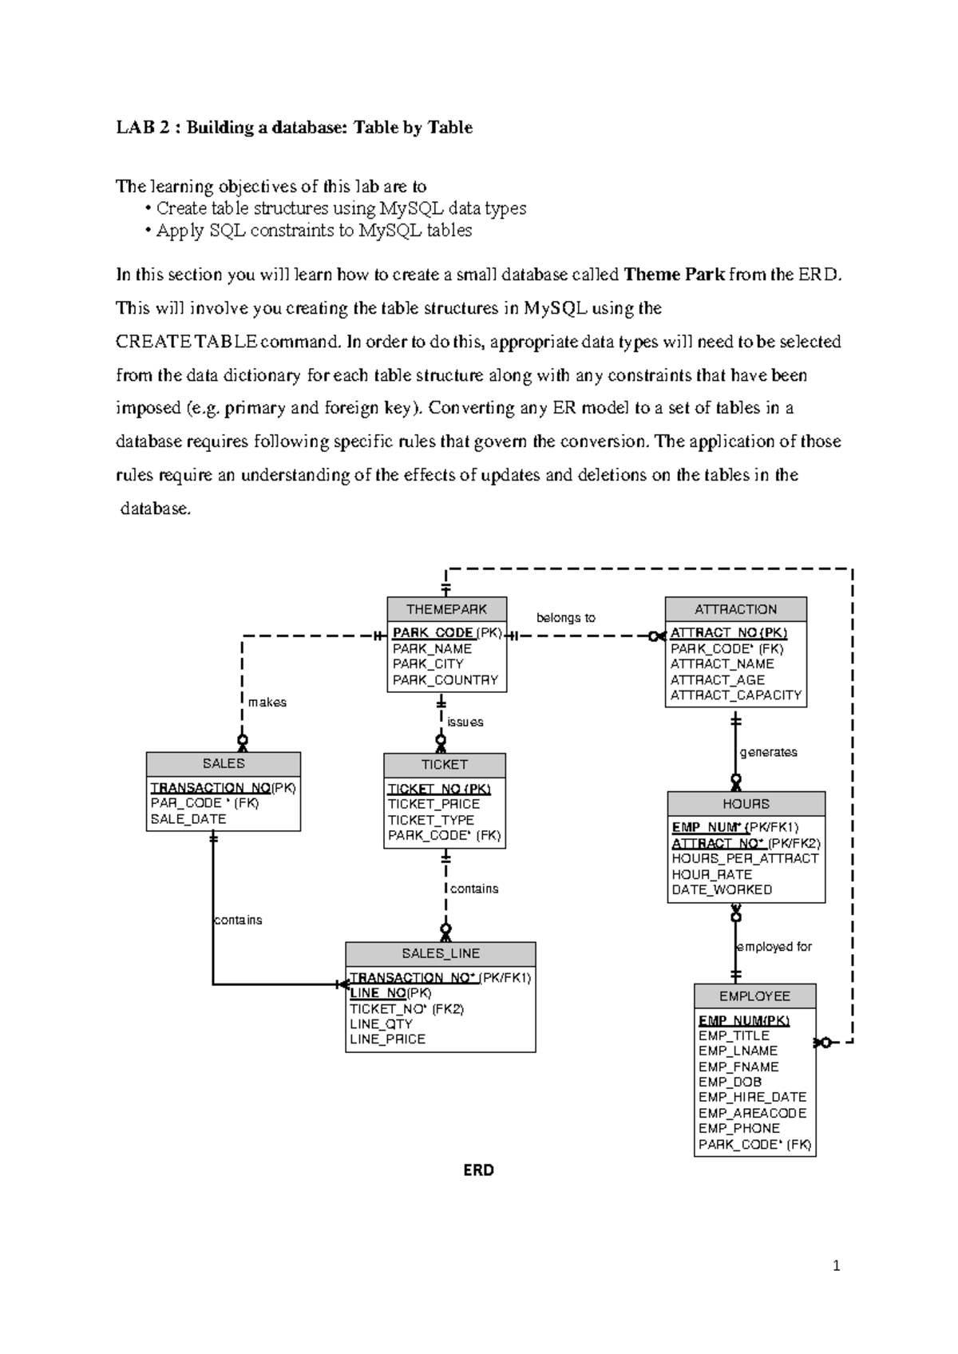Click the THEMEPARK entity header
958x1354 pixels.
coord(446,609)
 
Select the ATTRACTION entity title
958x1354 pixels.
coord(735,609)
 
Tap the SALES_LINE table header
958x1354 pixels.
coord(441,953)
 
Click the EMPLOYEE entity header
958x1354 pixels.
coord(754,996)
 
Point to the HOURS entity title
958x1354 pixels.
coord(746,804)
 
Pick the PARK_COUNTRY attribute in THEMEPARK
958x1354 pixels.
coord(445,680)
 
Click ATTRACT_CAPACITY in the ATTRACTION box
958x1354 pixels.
coord(735,695)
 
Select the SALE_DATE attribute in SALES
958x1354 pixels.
coord(188,819)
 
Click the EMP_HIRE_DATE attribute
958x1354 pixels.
coord(752,1098)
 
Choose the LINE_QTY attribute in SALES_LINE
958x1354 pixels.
coord(382,1024)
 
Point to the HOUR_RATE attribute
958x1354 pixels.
coord(712,874)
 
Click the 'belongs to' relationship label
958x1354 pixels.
coord(566,618)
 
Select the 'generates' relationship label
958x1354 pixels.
coord(769,752)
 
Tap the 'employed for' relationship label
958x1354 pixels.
coord(774,947)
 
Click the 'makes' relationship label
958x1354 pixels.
coord(267,703)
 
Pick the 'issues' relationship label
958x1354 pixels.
coord(465,723)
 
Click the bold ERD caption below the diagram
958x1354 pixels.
coord(479,1170)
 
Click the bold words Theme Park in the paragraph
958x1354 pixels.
coord(675,275)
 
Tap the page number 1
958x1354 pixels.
coord(836,1265)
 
